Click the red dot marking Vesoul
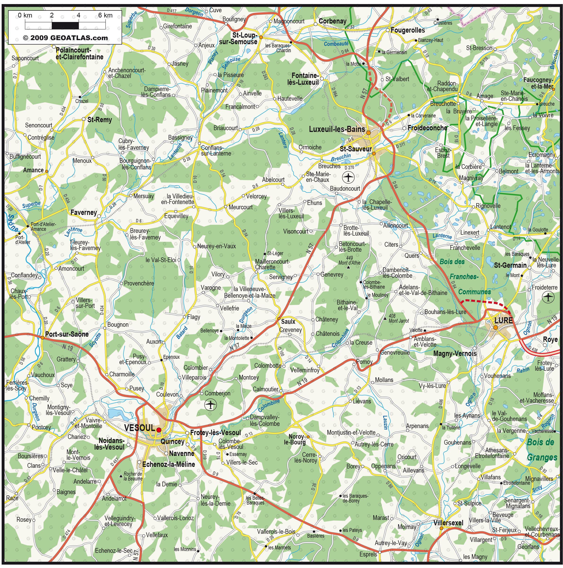tap(159, 430)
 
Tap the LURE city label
tap(503, 320)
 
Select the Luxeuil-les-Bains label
tap(337, 129)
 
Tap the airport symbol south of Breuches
tap(348, 177)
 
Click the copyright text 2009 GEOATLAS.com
tap(65, 38)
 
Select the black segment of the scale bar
tap(65, 26)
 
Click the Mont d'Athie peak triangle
tap(348, 268)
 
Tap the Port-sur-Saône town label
tap(67, 334)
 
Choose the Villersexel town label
tap(448, 523)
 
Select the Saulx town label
tap(288, 322)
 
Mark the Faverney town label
tap(84, 212)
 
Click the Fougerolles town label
tap(408, 30)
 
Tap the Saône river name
tap(13, 223)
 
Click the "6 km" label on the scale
tap(105, 15)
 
